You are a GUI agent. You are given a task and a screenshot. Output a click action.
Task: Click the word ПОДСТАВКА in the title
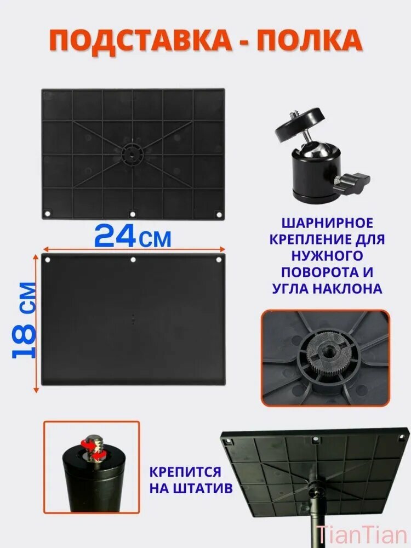[x=140, y=41]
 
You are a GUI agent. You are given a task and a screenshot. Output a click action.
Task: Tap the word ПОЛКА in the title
[x=310, y=41]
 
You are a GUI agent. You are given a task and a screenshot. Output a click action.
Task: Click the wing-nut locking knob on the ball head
[x=352, y=181]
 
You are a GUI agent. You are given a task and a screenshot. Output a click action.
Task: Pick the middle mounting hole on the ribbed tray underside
[x=132, y=214]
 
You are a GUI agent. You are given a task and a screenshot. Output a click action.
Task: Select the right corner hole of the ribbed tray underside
[x=219, y=214]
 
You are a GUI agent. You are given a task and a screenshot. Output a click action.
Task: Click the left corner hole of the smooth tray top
[x=48, y=260]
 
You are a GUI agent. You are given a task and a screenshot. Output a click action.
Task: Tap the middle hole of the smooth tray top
[x=133, y=260]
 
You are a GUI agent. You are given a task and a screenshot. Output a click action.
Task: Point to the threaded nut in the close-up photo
[x=328, y=357]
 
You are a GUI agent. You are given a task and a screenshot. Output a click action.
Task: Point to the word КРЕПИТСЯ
[x=185, y=472]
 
